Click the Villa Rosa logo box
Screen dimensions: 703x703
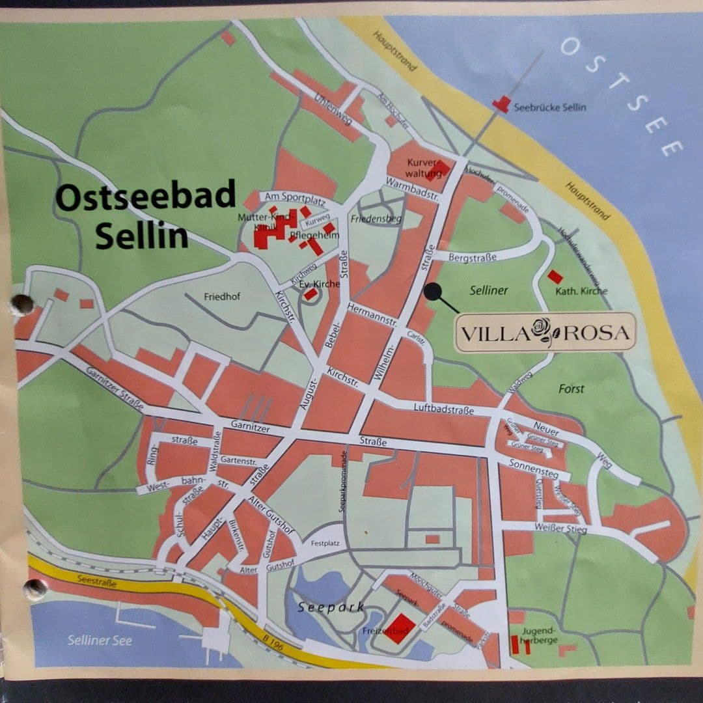pos(545,332)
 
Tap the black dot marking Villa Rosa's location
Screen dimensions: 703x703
pos(432,292)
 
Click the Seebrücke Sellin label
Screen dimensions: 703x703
pos(549,107)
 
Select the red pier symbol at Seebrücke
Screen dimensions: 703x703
pos(501,103)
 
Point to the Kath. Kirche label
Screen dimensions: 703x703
pos(581,291)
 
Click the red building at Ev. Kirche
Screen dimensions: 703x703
pos(311,294)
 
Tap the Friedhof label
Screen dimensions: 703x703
pos(222,297)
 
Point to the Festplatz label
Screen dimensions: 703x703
pos(326,543)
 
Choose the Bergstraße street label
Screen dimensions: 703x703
pos(473,258)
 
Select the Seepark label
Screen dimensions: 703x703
pos(331,607)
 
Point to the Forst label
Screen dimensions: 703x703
pos(571,389)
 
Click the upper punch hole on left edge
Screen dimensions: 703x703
pos(22,304)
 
